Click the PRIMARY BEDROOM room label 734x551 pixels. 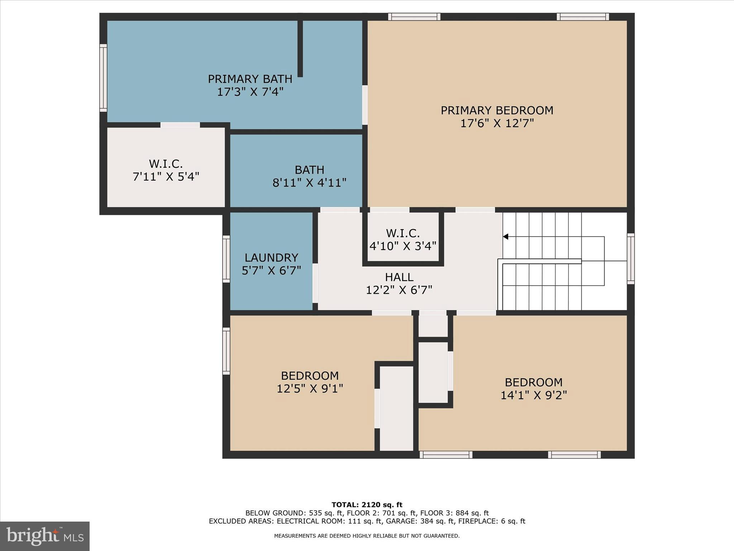(497, 110)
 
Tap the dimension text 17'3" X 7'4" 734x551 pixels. (250, 92)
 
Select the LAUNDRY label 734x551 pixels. (271, 258)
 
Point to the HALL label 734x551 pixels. (399, 277)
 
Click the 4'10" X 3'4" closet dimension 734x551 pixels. (403, 246)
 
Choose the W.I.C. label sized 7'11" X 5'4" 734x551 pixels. (166, 164)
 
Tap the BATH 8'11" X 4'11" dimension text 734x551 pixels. (309, 183)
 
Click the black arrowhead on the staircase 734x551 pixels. (505, 236)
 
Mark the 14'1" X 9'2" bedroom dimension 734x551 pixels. (533, 395)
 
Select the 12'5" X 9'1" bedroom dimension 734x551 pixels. (310, 389)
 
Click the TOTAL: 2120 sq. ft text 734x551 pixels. (367, 505)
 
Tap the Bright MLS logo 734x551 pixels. (45, 536)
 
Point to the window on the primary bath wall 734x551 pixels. (103, 78)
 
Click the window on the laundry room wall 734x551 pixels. (226, 259)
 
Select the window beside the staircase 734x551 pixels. (630, 259)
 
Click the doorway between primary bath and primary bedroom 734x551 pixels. (365, 105)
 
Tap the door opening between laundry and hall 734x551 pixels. (315, 283)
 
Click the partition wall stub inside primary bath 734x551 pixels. (300, 48)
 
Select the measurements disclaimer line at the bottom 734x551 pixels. (367, 536)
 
